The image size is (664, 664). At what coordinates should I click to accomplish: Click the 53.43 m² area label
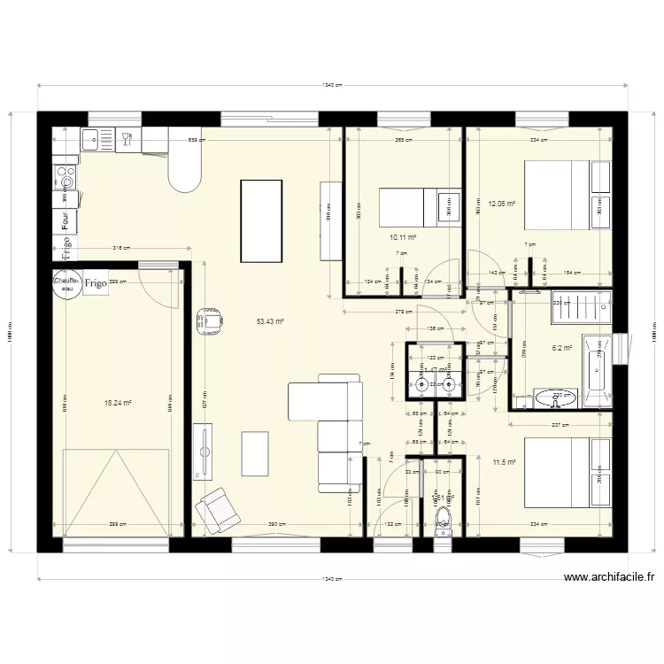(x=269, y=321)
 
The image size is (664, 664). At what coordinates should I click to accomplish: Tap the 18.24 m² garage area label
(x=118, y=402)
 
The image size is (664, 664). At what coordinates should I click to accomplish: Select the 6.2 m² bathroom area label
(x=562, y=348)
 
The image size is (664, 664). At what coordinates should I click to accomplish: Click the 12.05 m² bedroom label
(x=502, y=203)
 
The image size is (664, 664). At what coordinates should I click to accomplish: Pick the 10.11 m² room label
(x=403, y=236)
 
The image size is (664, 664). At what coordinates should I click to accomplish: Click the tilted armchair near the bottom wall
(x=216, y=511)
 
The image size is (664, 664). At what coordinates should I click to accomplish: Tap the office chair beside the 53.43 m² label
(x=210, y=319)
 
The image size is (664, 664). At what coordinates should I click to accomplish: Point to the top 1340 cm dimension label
(x=332, y=85)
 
